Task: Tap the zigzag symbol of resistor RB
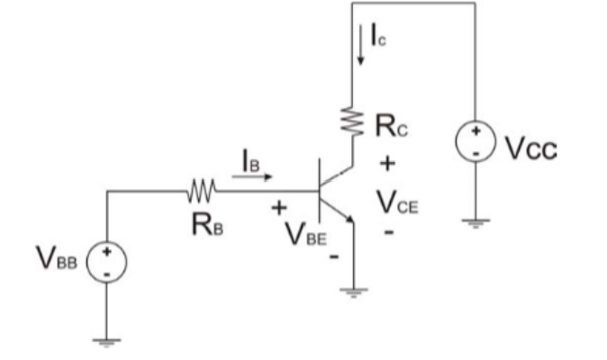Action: pyautogui.click(x=200, y=191)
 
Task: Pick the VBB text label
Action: pyautogui.click(x=58, y=261)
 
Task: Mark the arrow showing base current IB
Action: pyautogui.click(x=254, y=177)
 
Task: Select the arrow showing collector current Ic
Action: pyautogui.click(x=361, y=52)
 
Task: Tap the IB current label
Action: pyautogui.click(x=252, y=159)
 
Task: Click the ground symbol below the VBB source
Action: pyautogui.click(x=106, y=340)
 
